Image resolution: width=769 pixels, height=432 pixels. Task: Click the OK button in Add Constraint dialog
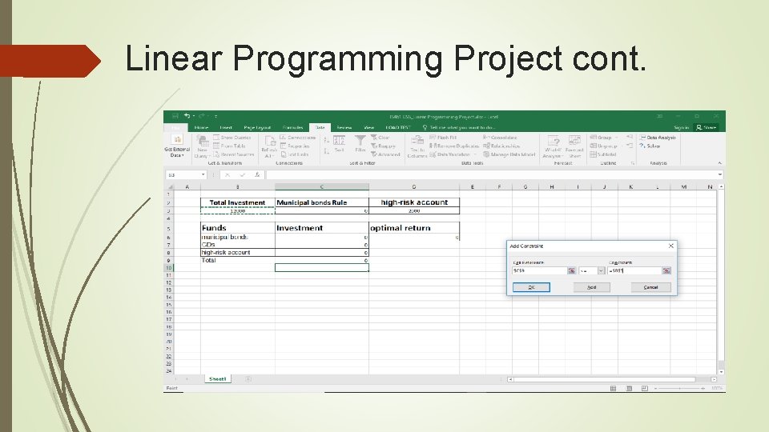coord(531,287)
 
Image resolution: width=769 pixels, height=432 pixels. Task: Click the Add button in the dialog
coord(591,287)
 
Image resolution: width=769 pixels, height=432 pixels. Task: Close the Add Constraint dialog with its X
coord(671,246)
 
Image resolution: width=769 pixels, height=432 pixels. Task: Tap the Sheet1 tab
coord(218,378)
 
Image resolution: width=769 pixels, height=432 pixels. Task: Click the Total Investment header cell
coord(237,202)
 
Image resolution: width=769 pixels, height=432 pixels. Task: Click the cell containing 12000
coord(237,211)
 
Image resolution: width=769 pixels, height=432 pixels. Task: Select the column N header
coord(710,187)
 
